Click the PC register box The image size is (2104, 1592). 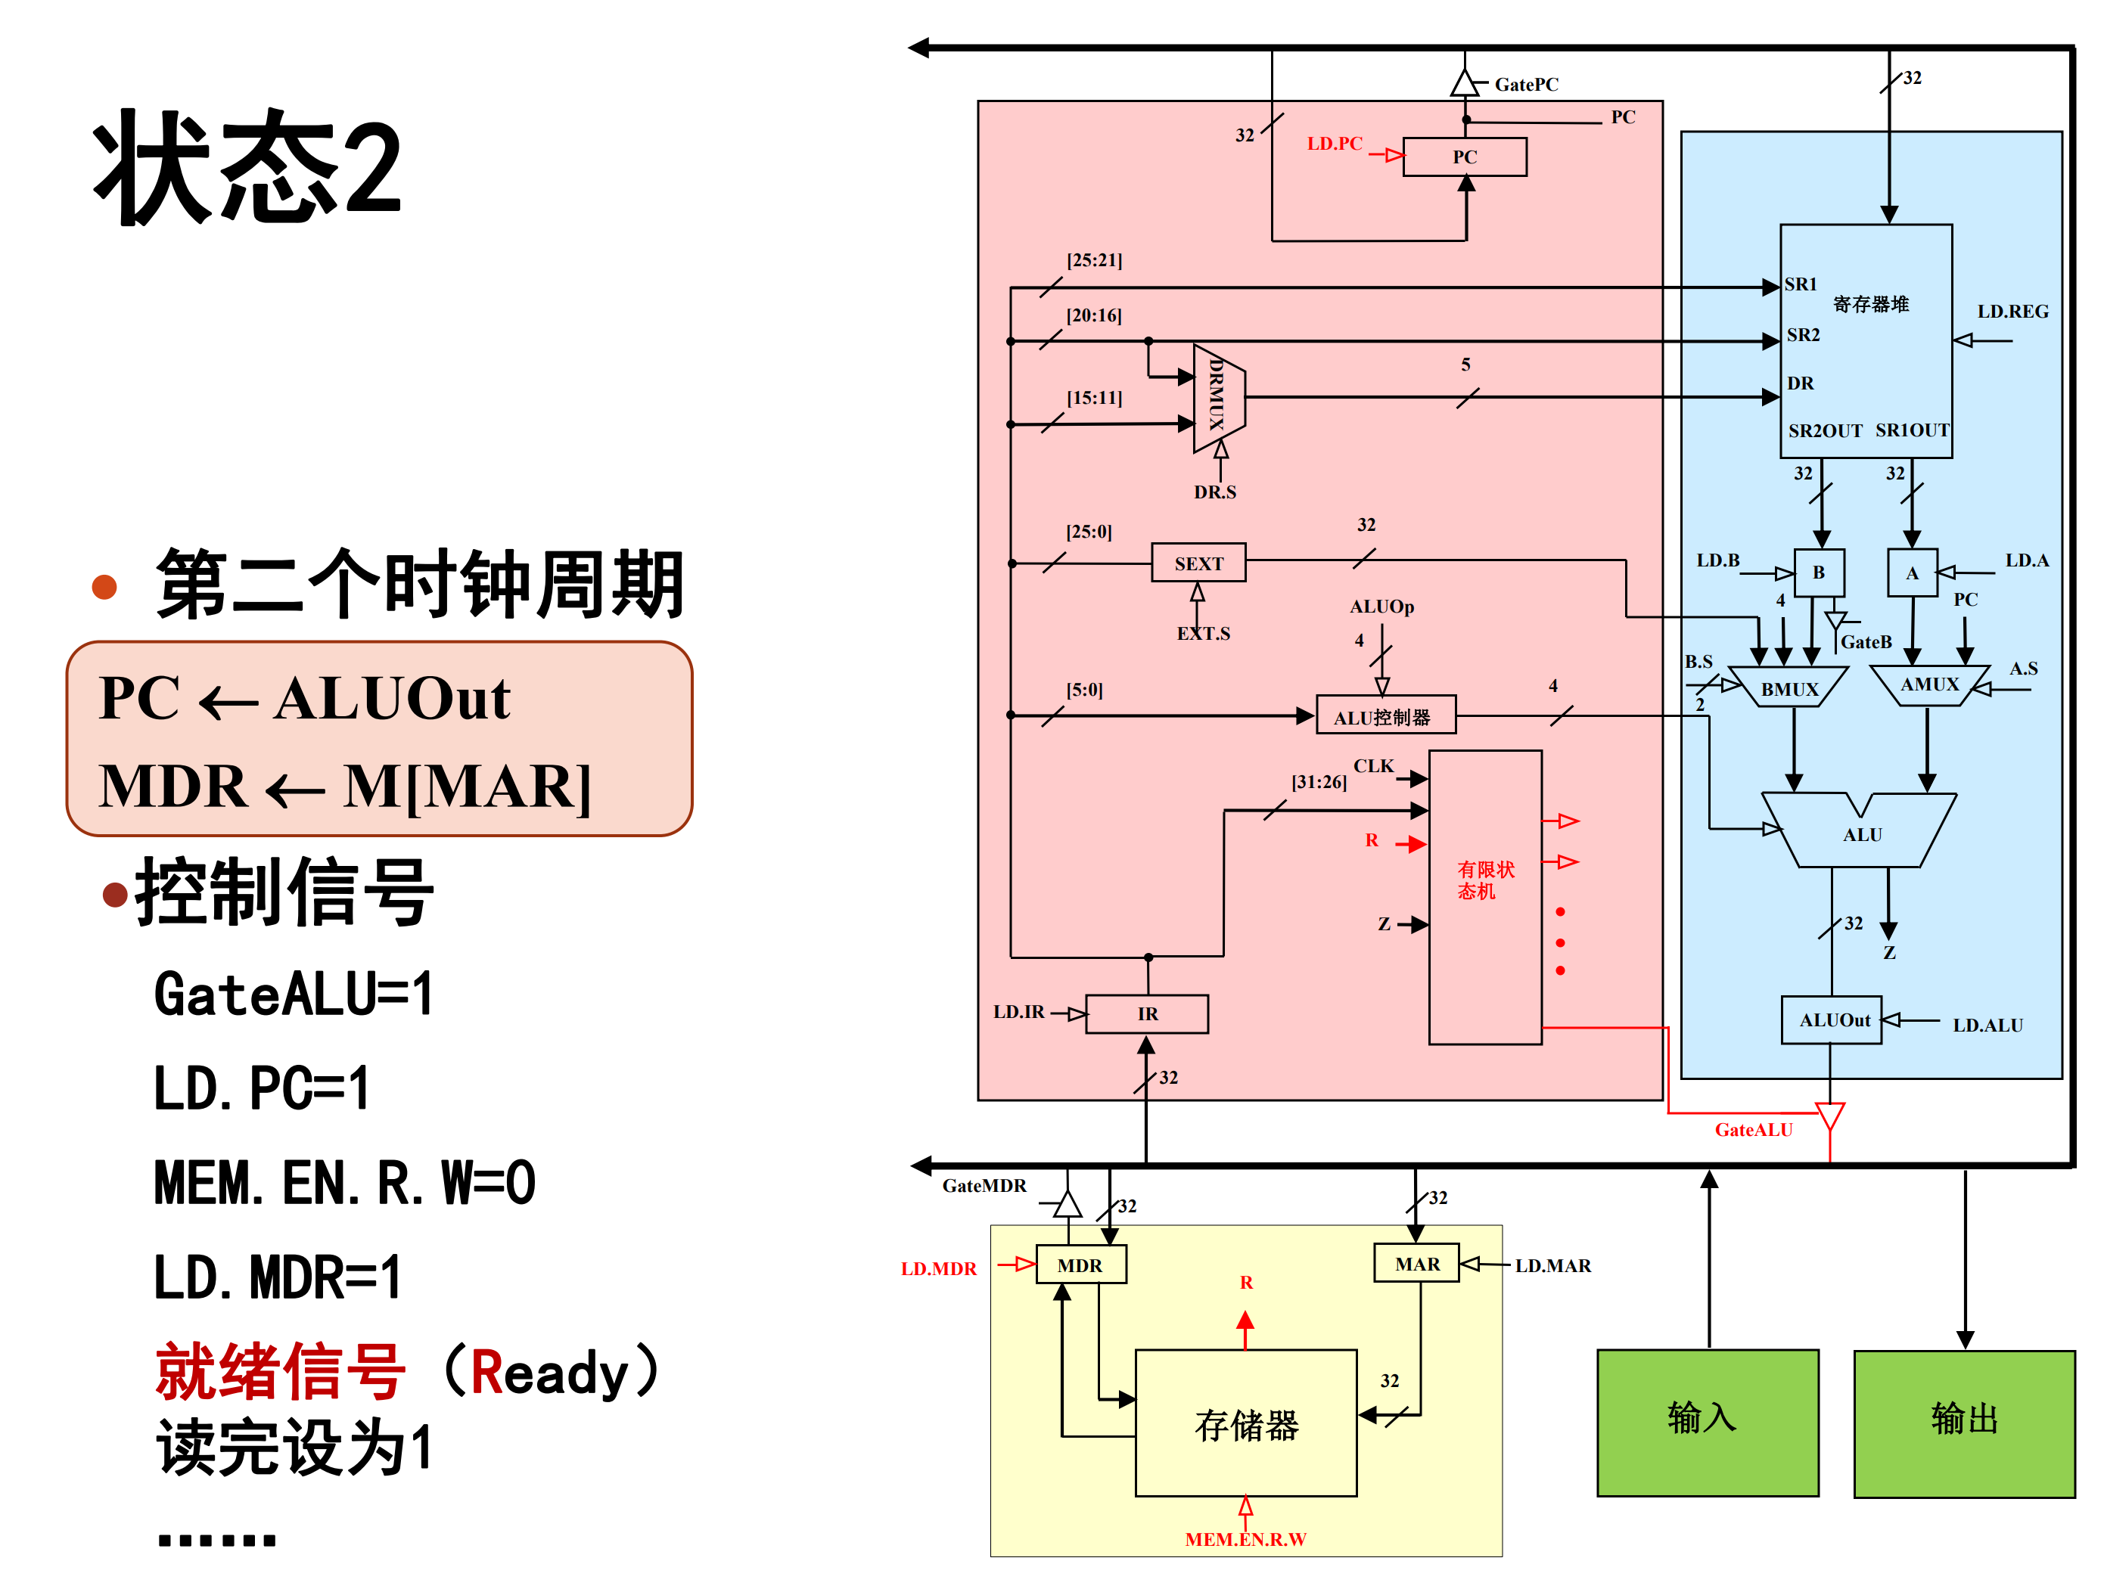tap(1464, 157)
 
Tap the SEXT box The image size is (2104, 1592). tap(1198, 563)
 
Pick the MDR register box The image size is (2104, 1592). tap(1080, 1265)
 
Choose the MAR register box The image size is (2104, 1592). tap(1416, 1264)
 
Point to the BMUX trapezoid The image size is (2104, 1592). tap(1789, 687)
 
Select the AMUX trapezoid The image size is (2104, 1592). tap(1929, 684)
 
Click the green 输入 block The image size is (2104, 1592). tap(1708, 1423)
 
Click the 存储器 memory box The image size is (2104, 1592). tap(1246, 1423)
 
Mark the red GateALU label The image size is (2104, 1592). tap(1753, 1130)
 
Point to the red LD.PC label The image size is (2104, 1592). tap(1334, 144)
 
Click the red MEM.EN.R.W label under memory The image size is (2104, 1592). tap(1245, 1539)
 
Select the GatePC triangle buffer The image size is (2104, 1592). tap(1465, 85)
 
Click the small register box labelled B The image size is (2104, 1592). tap(1819, 573)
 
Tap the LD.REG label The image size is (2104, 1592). tap(2012, 311)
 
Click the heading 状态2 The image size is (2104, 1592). tap(247, 167)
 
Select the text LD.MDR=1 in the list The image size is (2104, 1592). tap(278, 1277)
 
